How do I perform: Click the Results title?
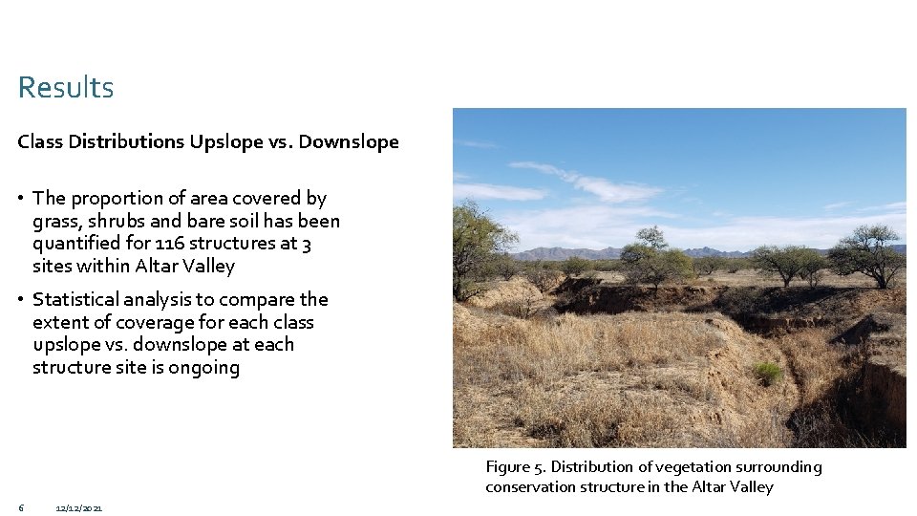[65, 88]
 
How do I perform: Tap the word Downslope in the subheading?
[349, 141]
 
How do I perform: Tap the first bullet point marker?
[20, 199]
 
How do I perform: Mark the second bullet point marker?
[20, 300]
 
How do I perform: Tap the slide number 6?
[20, 506]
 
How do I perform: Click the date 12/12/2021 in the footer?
[79, 507]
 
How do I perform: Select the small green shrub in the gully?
[767, 373]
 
